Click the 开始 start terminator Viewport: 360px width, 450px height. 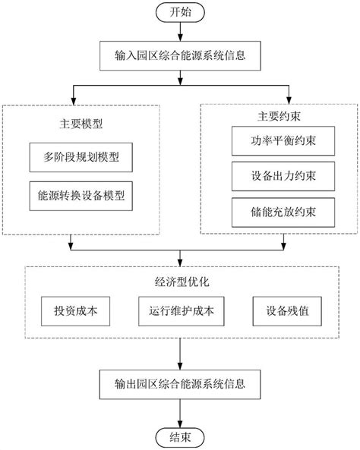(179, 12)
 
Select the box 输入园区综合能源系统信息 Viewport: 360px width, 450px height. (180, 55)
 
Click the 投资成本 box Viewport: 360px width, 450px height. (76, 310)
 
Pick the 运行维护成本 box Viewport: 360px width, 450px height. (180, 310)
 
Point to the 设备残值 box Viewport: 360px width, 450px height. (284, 310)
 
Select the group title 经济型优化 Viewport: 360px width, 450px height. (180, 281)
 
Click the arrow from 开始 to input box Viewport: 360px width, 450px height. (179, 31)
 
